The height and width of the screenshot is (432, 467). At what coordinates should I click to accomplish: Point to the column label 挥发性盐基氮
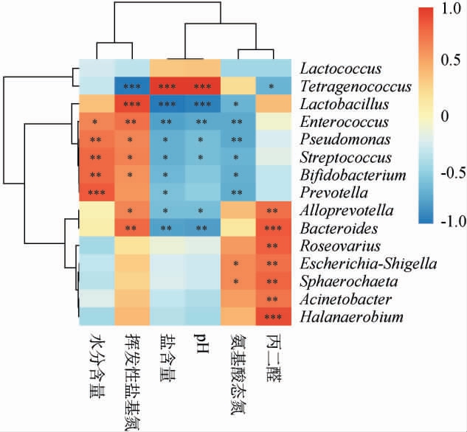[131, 380]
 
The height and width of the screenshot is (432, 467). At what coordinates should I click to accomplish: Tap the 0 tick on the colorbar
[444, 116]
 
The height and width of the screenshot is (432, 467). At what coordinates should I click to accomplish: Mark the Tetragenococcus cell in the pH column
[202, 86]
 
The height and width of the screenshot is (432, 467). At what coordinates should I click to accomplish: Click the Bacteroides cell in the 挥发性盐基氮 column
[131, 228]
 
